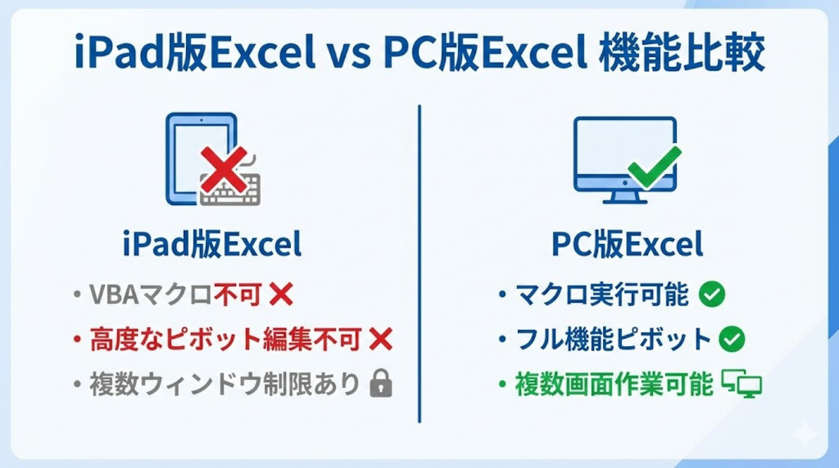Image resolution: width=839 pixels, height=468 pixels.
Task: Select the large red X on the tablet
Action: pyautogui.click(x=224, y=168)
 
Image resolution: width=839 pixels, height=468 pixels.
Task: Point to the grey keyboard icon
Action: pyautogui.click(x=230, y=191)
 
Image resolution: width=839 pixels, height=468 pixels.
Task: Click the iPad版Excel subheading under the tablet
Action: pyautogui.click(x=212, y=245)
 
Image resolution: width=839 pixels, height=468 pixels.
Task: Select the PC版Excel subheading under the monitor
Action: pyautogui.click(x=627, y=245)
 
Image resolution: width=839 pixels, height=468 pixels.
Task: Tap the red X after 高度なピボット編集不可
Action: pyautogui.click(x=381, y=340)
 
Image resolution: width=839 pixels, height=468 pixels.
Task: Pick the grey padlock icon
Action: pyautogui.click(x=381, y=385)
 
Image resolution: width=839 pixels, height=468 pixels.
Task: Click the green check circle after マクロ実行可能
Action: pyautogui.click(x=712, y=296)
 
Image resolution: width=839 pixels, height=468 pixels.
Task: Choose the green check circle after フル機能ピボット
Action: pyautogui.click(x=732, y=340)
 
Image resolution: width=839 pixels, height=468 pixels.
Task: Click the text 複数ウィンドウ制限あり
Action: pyautogui.click(x=225, y=385)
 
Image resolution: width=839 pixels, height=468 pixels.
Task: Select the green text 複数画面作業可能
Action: pyautogui.click(x=614, y=385)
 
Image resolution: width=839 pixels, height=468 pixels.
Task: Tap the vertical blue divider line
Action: pyautogui.click(x=419, y=262)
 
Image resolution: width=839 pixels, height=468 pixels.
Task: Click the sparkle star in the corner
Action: pyautogui.click(x=804, y=434)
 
